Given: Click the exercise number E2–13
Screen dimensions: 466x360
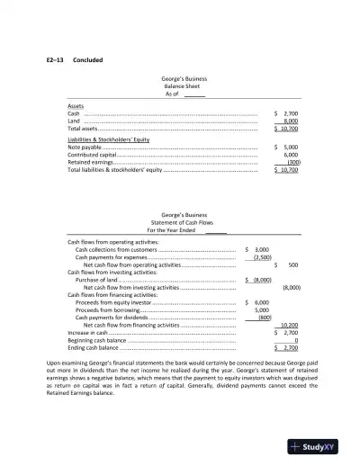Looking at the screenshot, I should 55,60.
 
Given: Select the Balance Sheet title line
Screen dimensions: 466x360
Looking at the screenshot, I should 179,86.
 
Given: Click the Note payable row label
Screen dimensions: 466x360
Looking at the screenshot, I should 85,147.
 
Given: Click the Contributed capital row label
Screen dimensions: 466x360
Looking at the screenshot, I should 93,155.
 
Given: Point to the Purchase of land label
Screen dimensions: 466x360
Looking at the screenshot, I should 97,281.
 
